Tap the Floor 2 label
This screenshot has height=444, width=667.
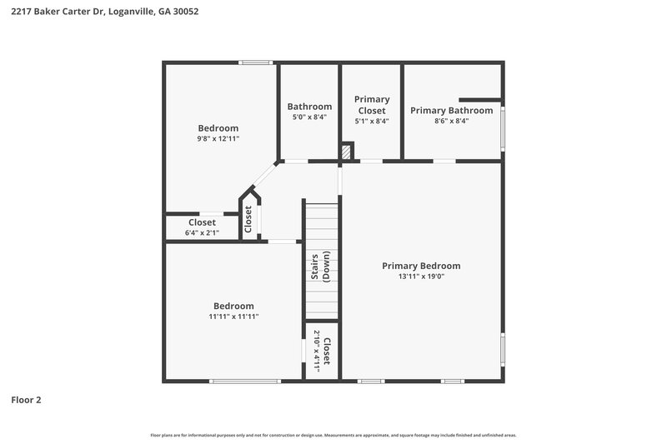[x=26, y=400]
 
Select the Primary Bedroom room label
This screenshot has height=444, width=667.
[x=421, y=266]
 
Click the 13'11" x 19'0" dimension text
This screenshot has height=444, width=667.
[x=421, y=277]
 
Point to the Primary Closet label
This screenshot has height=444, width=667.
[x=372, y=105]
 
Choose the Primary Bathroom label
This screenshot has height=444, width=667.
[x=451, y=110]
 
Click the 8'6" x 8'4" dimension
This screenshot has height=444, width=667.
[x=451, y=121]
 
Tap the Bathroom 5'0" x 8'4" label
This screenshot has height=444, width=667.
[x=309, y=112]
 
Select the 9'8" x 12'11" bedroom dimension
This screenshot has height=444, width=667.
[x=218, y=139]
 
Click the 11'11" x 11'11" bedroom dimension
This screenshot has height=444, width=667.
[x=233, y=317]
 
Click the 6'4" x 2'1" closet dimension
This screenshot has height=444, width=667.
[x=202, y=233]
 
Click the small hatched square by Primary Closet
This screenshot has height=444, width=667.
[x=347, y=152]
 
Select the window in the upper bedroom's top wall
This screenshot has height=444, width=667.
[x=256, y=62]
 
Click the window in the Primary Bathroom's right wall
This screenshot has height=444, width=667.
[x=503, y=127]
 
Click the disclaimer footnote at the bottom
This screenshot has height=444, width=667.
[x=333, y=435]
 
